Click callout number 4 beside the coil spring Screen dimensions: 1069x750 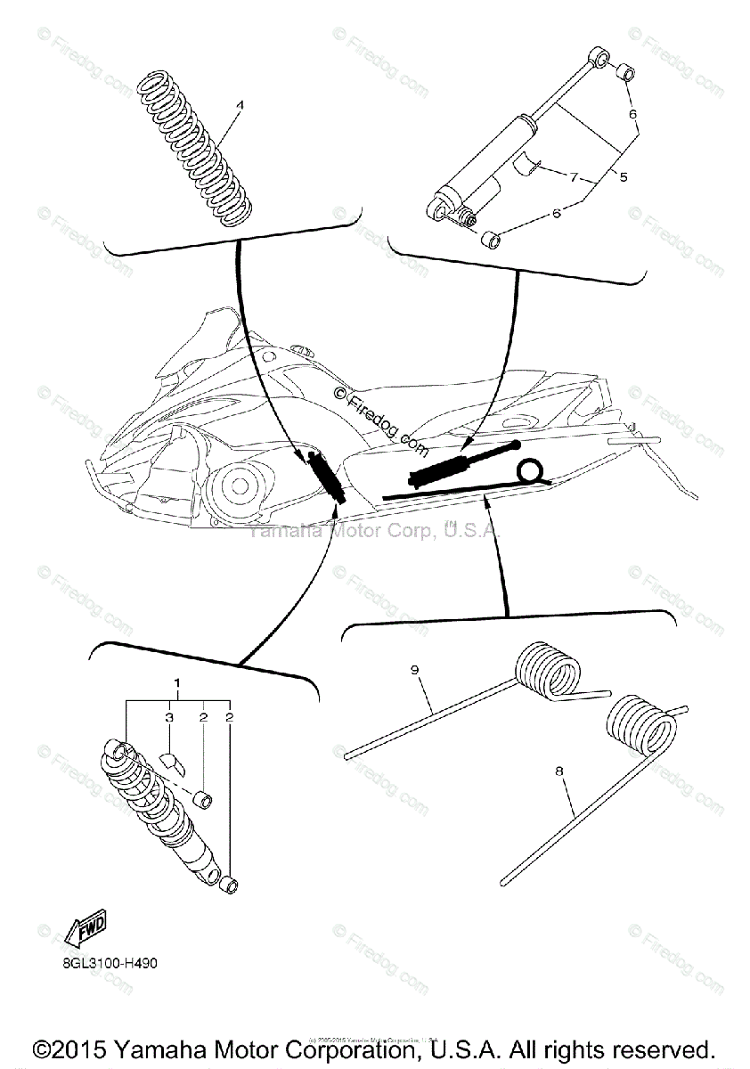point(238,104)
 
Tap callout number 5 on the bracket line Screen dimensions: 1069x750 point(623,177)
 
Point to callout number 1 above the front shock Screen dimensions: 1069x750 point(177,683)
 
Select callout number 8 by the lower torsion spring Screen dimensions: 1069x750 point(560,772)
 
